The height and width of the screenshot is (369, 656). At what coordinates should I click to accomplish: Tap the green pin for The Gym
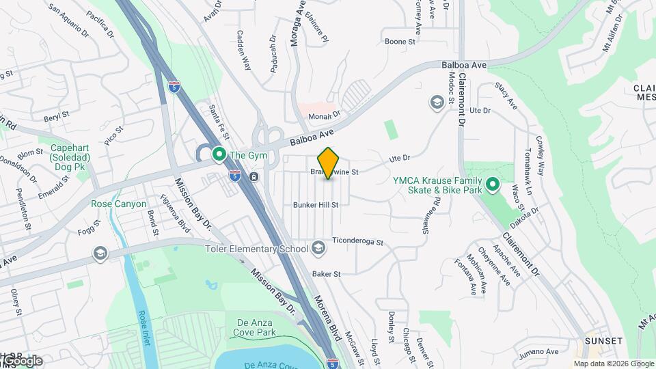click(x=219, y=155)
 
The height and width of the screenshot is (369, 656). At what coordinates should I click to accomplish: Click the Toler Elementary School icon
click(x=318, y=248)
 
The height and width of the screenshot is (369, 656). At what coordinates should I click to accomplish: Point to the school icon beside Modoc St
click(x=436, y=103)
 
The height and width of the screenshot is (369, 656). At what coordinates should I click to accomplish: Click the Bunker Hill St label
click(x=316, y=204)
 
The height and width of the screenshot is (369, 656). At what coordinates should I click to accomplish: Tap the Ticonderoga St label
click(x=357, y=241)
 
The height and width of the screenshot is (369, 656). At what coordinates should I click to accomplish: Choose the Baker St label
click(x=326, y=274)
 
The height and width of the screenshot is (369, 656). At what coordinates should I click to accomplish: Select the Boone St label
click(x=400, y=42)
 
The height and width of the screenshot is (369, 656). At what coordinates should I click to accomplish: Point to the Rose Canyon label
click(x=118, y=204)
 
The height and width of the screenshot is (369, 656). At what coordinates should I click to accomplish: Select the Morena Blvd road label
click(x=327, y=318)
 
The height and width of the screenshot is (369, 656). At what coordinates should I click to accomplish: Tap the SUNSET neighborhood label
click(x=603, y=341)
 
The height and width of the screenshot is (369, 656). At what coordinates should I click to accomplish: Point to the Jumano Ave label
click(x=538, y=353)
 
